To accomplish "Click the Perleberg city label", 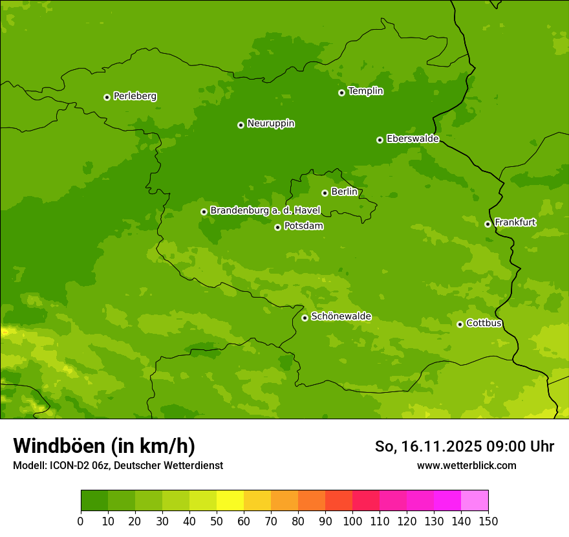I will [x=134, y=96].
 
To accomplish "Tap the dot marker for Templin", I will [x=341, y=93].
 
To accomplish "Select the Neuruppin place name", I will [x=270, y=124].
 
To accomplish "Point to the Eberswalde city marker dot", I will [x=380, y=140].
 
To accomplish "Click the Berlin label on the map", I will [x=344, y=192].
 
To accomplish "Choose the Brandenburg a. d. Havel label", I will [x=265, y=211].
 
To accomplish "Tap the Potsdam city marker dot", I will [x=277, y=227].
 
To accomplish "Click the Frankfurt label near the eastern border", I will [x=515, y=223].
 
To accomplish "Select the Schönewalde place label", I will [x=341, y=316].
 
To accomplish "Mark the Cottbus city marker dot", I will [x=460, y=324].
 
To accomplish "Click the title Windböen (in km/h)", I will [x=104, y=446].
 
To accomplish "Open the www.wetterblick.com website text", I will [x=466, y=465].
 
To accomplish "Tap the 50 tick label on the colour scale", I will [x=217, y=521].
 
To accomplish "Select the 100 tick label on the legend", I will [x=352, y=521].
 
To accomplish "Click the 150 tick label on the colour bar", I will [x=488, y=521].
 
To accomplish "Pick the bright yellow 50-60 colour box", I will [x=230, y=501].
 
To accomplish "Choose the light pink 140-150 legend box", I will [x=475, y=501].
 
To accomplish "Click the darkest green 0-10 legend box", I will [x=94, y=501].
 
